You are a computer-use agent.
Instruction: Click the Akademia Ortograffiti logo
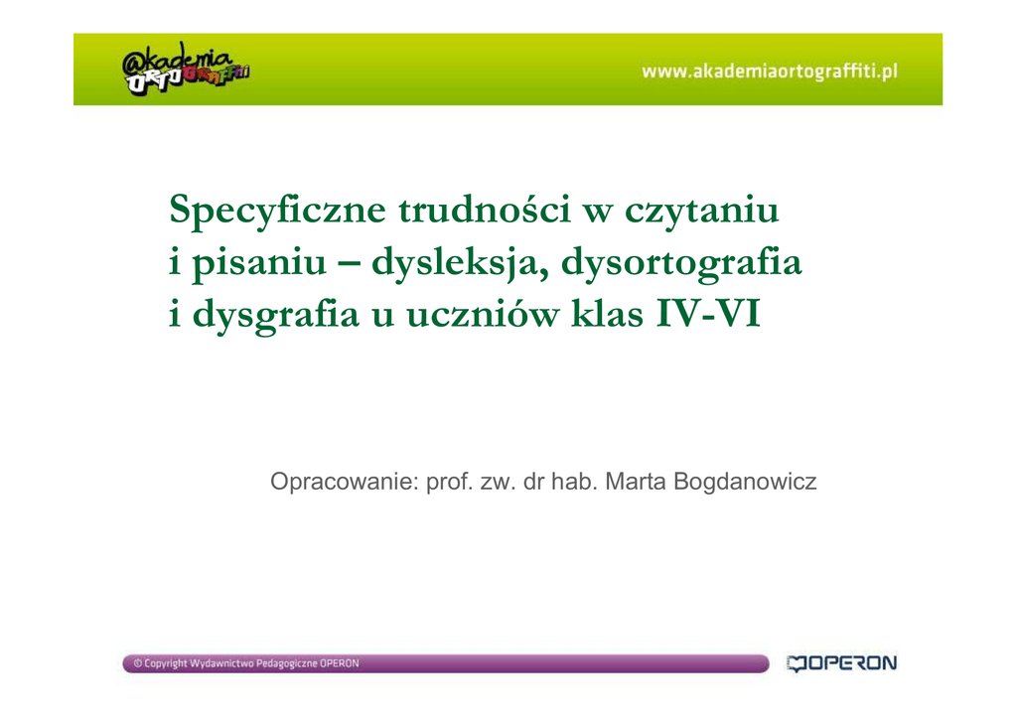[186, 69]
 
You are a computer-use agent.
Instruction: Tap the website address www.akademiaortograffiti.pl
[770, 71]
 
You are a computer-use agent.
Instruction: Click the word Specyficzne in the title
[278, 211]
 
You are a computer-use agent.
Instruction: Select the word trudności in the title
[485, 210]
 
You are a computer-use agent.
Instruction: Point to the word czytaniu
[701, 211]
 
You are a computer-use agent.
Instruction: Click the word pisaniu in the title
[259, 263]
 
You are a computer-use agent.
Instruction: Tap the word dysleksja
[455, 263]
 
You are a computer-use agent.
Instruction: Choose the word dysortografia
[681, 263]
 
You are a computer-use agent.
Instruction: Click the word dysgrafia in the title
[276, 315]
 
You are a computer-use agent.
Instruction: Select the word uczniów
[483, 315]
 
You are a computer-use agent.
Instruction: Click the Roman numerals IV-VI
[707, 315]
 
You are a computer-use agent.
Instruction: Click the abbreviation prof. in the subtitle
[449, 482]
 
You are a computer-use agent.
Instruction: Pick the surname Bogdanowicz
[745, 482]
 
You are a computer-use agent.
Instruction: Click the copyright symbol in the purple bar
[137, 663]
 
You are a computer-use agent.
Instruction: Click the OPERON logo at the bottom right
[841, 663]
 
